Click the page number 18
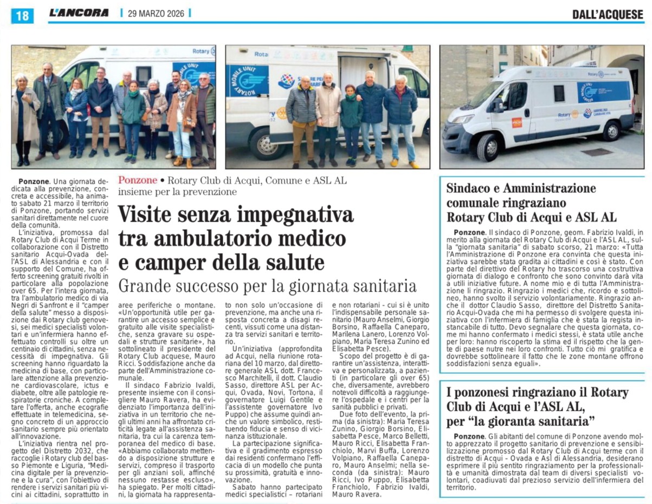click(22, 16)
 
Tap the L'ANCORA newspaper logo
click(79, 13)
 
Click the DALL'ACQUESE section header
click(608, 15)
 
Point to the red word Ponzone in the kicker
click(138, 180)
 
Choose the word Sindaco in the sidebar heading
click(470, 189)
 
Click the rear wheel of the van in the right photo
click(612, 130)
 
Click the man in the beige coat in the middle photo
click(328, 117)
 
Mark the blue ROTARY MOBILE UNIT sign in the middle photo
click(248, 81)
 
